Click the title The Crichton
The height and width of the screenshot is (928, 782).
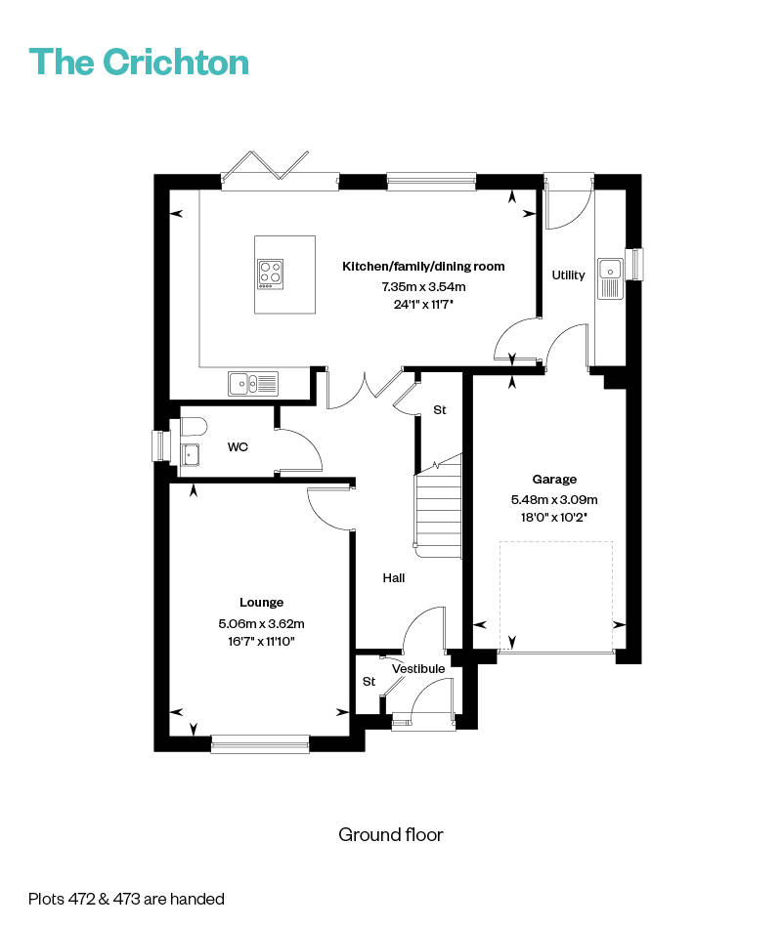139,62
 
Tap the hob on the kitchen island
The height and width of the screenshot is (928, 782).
271,274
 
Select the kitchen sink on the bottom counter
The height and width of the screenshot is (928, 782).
253,384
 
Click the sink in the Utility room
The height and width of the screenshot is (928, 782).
610,278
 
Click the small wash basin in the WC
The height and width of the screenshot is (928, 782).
191,454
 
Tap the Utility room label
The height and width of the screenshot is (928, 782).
568,274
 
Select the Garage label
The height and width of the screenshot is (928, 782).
554,480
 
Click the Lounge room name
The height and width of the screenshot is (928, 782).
261,603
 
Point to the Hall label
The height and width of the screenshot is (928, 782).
394,577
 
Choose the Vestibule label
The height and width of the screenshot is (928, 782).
418,669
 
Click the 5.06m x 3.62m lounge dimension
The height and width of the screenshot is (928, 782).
261,623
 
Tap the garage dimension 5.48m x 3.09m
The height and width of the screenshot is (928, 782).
554,499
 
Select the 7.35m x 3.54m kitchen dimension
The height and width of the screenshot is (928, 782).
423,286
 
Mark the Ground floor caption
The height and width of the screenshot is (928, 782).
391,834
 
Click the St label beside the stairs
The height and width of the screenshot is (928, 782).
440,409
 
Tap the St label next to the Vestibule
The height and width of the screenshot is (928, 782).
369,682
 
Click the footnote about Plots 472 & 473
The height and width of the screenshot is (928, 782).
126,899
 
